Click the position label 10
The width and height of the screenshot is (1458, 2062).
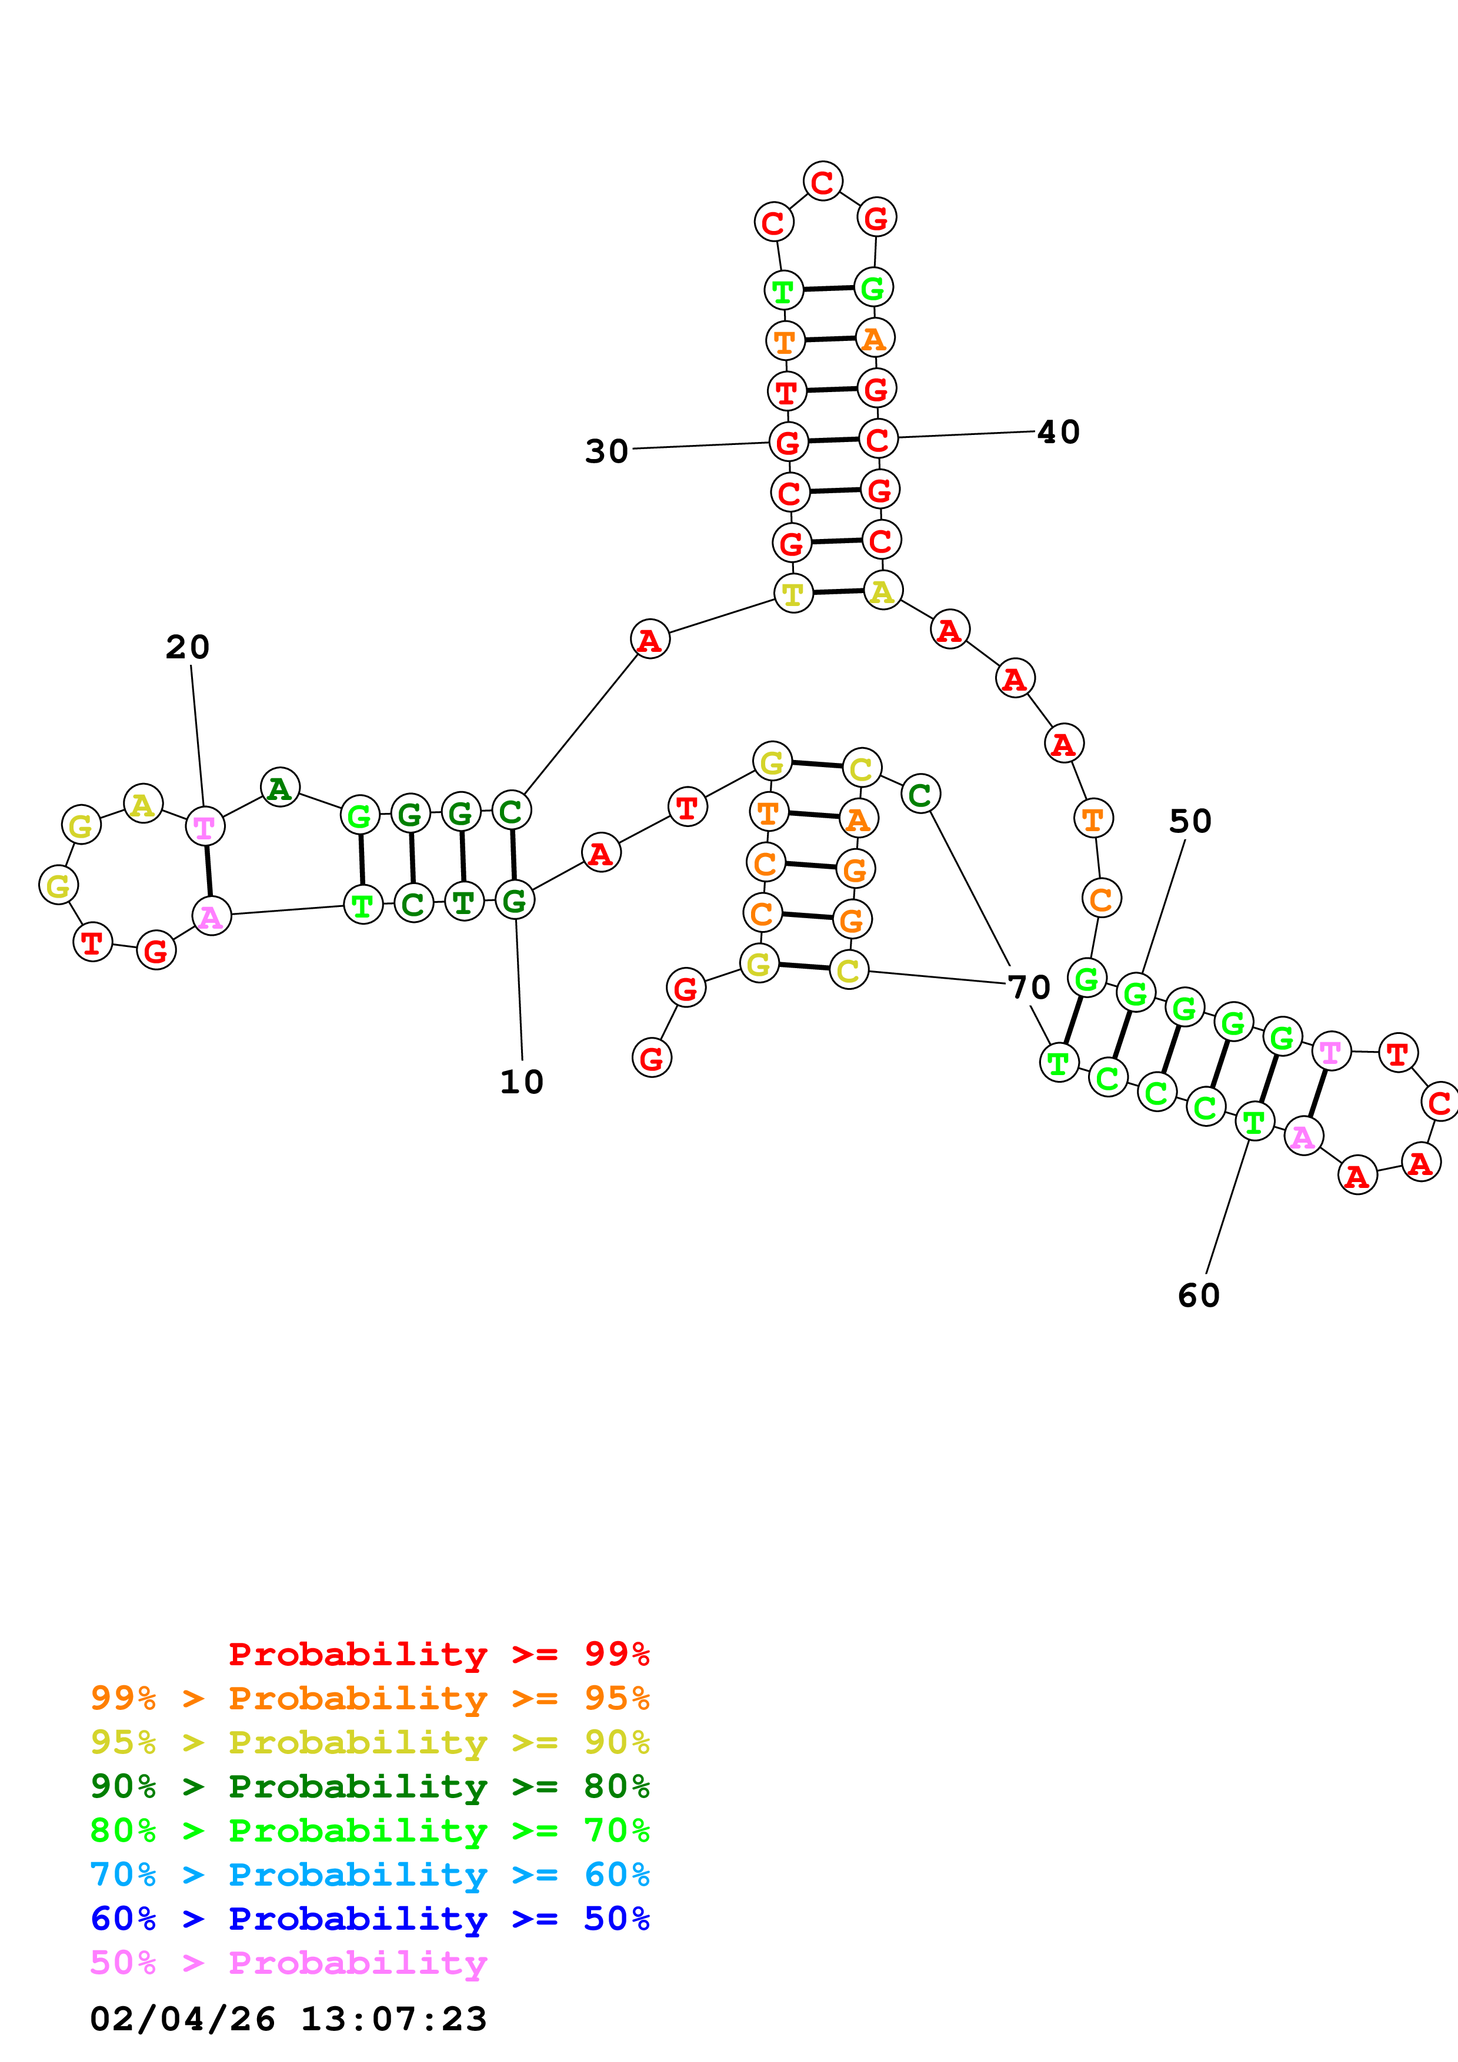(521, 1082)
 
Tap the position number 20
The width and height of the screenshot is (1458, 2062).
(188, 648)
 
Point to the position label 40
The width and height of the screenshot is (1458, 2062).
(1058, 432)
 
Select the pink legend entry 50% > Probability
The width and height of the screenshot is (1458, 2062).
(288, 1963)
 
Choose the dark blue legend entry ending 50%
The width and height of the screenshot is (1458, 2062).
(370, 1919)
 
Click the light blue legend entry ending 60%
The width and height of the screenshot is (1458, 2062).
(370, 1874)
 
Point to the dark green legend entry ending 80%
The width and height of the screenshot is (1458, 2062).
(370, 1786)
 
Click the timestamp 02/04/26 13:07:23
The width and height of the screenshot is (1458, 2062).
(288, 2019)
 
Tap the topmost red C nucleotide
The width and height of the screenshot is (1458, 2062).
(822, 182)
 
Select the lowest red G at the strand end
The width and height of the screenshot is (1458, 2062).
(651, 1058)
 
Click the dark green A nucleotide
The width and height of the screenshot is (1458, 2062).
(279, 788)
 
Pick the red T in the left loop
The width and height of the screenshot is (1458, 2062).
(92, 943)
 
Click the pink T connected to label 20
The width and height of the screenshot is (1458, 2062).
(205, 827)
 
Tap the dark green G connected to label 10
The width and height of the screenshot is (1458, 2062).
(515, 901)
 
